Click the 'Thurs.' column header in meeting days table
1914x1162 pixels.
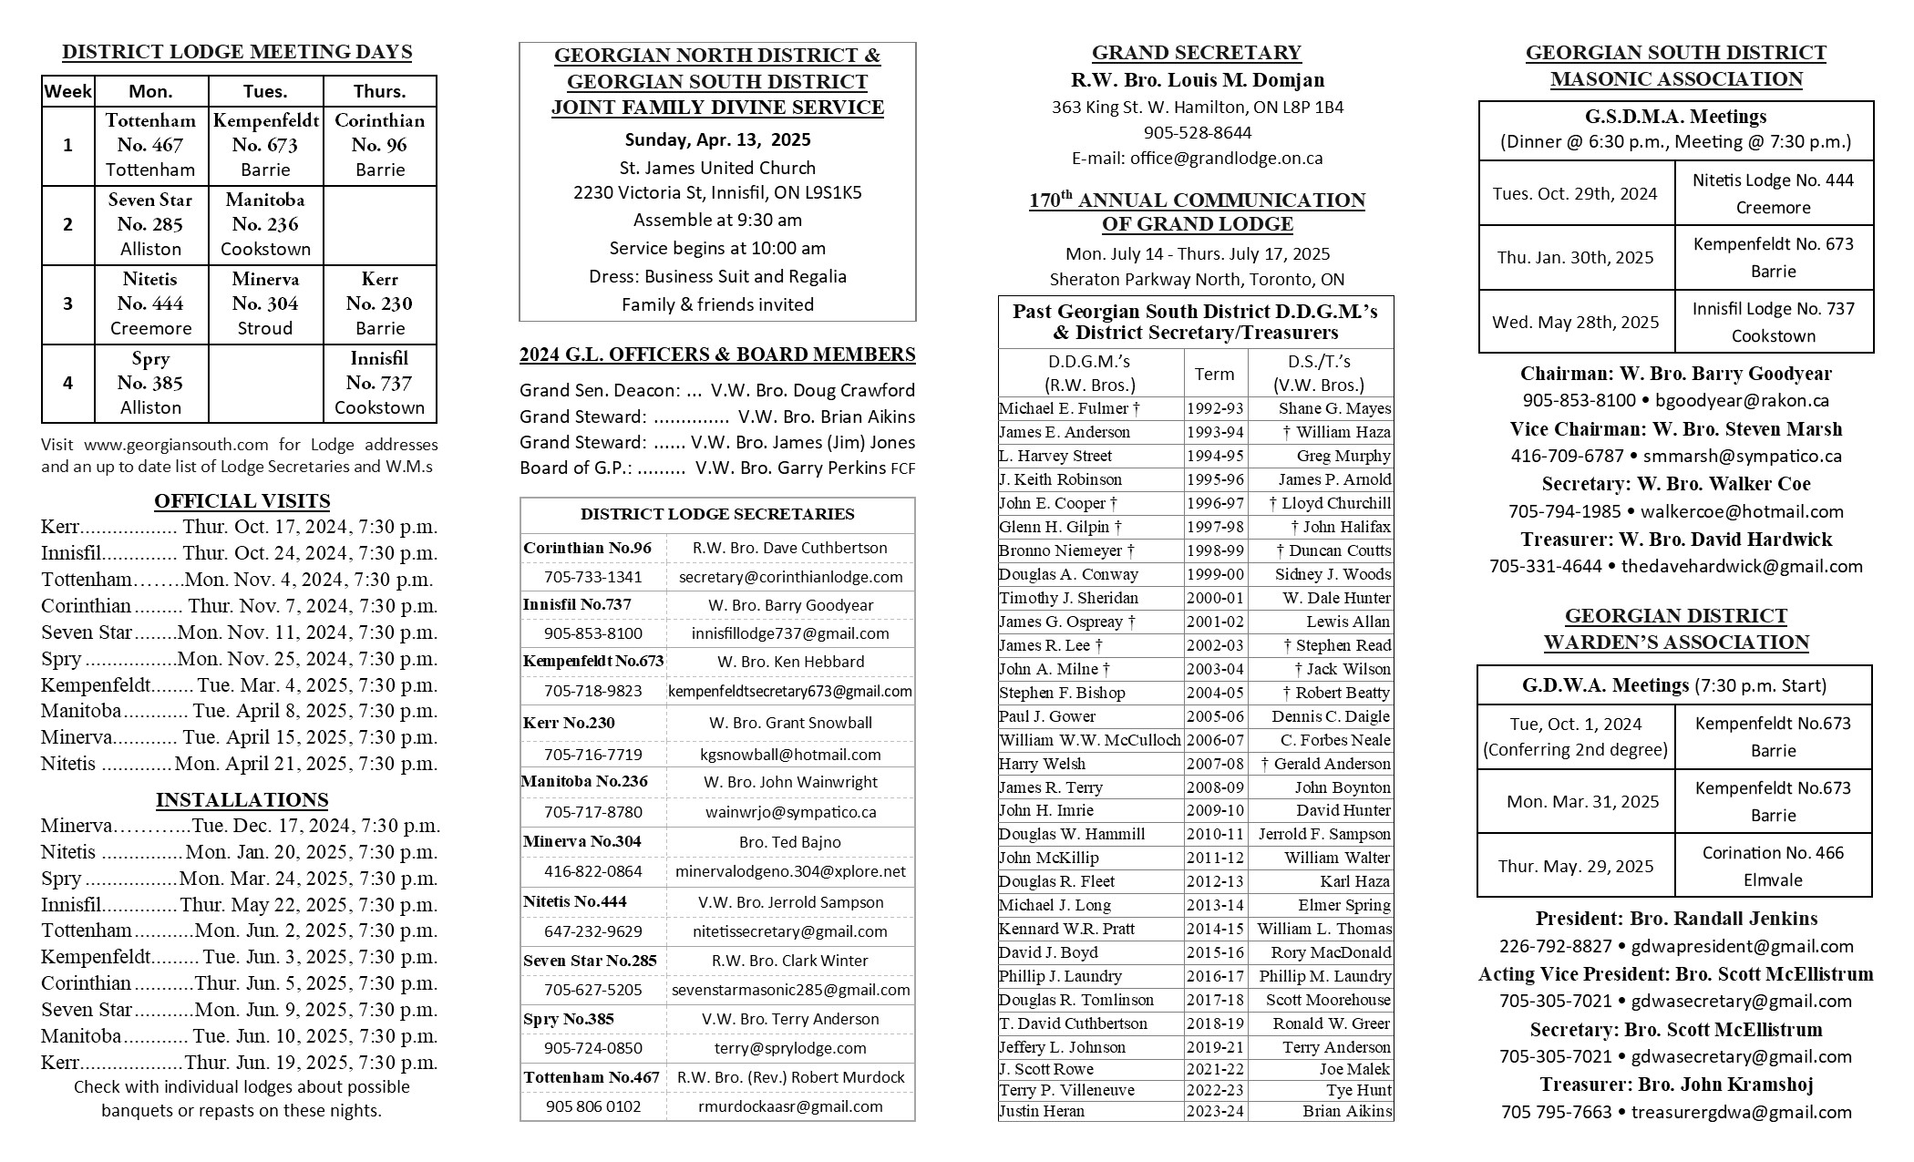[379, 91]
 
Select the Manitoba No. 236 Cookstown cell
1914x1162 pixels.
[265, 224]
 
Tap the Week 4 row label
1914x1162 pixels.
[67, 383]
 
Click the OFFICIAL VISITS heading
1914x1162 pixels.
[242, 500]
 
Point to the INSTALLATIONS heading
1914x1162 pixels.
[242, 799]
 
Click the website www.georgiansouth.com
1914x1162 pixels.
[176, 445]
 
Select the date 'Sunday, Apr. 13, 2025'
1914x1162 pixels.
[717, 139]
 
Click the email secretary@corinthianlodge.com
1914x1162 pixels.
[790, 577]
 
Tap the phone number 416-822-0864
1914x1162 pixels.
[592, 871]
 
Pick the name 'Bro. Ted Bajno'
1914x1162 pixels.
[789, 842]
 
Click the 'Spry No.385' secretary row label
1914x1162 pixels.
[569, 1019]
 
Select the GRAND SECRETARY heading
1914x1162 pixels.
[1196, 53]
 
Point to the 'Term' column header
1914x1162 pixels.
[1214, 374]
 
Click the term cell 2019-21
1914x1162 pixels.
[1214, 1047]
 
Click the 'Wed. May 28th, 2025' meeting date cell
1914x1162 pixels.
[1575, 322]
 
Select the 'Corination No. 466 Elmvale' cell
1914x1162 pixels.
[1772, 866]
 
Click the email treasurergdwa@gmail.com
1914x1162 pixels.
[1741, 1112]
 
